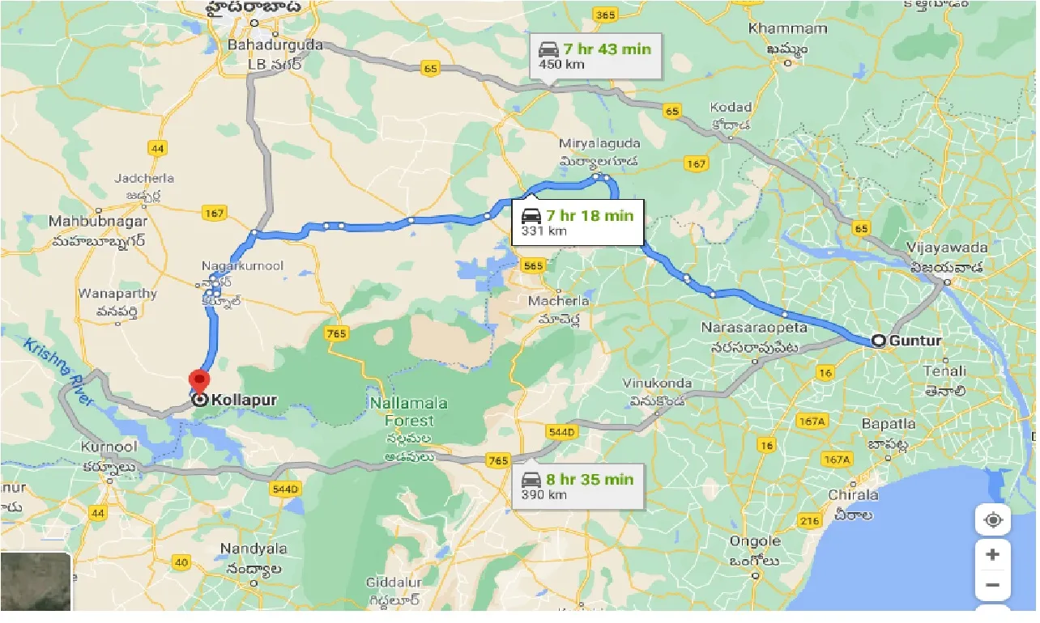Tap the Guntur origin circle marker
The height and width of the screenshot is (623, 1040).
point(879,341)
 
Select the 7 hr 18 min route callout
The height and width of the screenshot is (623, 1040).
point(578,222)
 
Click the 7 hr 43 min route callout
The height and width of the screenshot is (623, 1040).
point(595,55)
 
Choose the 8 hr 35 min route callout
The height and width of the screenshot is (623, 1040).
point(578,485)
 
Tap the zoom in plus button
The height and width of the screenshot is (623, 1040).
point(993,555)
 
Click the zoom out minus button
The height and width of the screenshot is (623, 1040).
point(993,585)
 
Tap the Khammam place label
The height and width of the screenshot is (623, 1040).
point(777,28)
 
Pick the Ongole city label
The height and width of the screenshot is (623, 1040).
point(754,541)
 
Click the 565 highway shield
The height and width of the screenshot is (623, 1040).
point(534,265)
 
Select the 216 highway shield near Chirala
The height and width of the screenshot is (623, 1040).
point(809,522)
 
